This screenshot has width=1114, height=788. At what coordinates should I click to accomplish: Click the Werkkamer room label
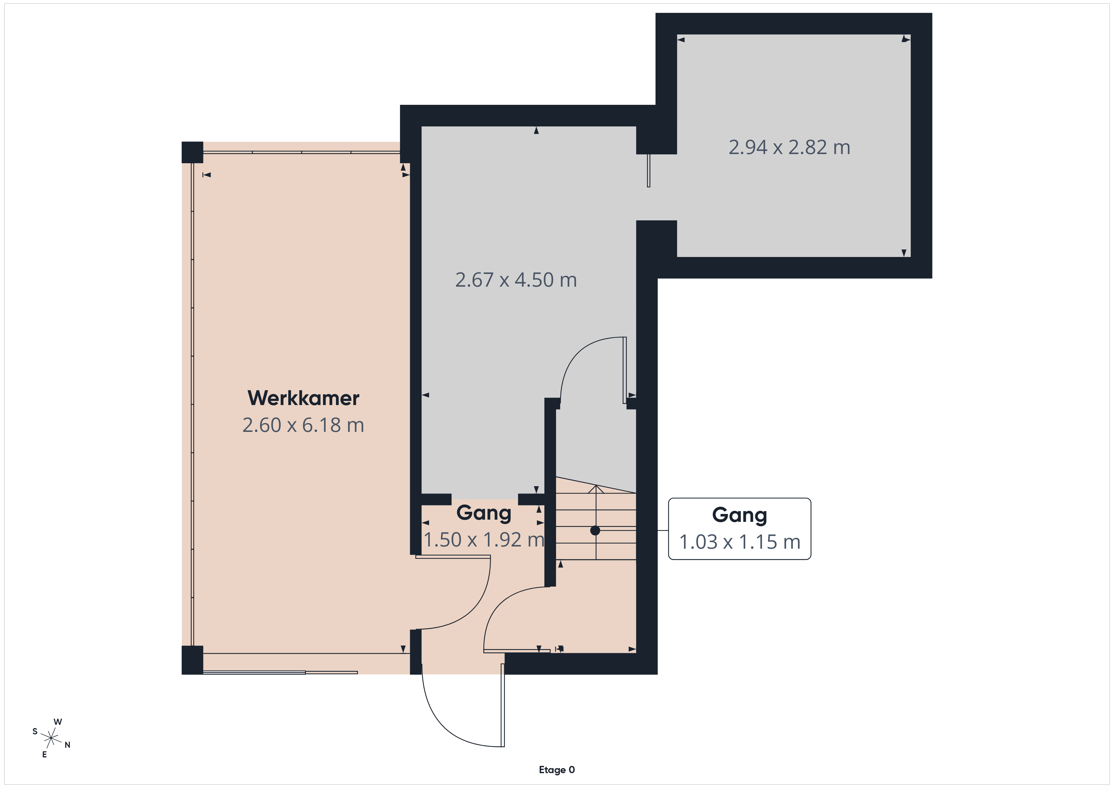(x=303, y=398)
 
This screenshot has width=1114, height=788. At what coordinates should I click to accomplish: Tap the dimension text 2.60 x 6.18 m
(x=303, y=425)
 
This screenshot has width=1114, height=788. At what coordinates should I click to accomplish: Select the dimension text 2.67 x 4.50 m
(x=516, y=280)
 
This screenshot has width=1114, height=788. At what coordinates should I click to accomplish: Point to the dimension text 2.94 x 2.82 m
(x=789, y=147)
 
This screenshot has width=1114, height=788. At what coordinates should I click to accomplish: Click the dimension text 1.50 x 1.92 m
(x=484, y=540)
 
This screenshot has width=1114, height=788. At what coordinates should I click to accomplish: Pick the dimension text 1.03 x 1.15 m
(x=740, y=542)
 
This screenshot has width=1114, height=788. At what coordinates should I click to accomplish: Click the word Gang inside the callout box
(x=740, y=515)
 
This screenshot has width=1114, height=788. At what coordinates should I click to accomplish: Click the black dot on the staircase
(x=595, y=531)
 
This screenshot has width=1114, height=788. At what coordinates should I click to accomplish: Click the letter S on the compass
(x=35, y=731)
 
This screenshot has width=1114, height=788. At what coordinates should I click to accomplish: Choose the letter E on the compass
(x=45, y=755)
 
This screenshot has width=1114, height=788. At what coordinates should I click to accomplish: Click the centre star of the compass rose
(x=51, y=738)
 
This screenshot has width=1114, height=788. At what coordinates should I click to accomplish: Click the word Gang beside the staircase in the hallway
(x=484, y=513)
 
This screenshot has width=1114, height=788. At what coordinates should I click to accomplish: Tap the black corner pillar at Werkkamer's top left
(x=192, y=152)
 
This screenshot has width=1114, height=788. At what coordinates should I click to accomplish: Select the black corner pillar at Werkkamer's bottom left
(x=192, y=660)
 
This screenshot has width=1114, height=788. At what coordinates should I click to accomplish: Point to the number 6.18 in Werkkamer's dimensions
(x=322, y=425)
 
